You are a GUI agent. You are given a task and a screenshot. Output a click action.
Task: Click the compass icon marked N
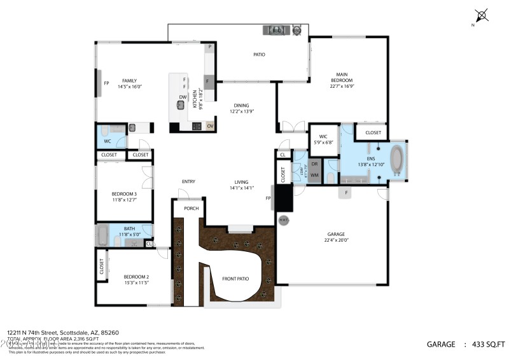[482, 15]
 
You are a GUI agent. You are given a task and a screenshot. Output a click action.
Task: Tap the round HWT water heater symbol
[283, 220]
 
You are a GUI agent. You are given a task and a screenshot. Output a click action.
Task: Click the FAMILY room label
[129, 81]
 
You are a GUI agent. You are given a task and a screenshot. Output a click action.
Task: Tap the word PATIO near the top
[259, 55]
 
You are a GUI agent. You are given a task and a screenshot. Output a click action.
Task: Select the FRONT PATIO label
[235, 279]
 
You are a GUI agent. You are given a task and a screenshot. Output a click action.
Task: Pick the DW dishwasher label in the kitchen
[183, 97]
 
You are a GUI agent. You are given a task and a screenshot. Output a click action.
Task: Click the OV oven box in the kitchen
[210, 126]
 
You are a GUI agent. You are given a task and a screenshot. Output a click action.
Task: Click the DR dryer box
[314, 164]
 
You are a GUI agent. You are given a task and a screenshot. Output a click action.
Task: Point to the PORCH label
[191, 208]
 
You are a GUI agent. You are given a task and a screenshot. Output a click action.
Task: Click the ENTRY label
[188, 181]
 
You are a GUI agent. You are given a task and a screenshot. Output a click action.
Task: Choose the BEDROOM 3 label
[124, 194]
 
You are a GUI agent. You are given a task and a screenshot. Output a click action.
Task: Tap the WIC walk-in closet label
[323, 135]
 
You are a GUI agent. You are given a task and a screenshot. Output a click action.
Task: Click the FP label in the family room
[107, 83]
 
